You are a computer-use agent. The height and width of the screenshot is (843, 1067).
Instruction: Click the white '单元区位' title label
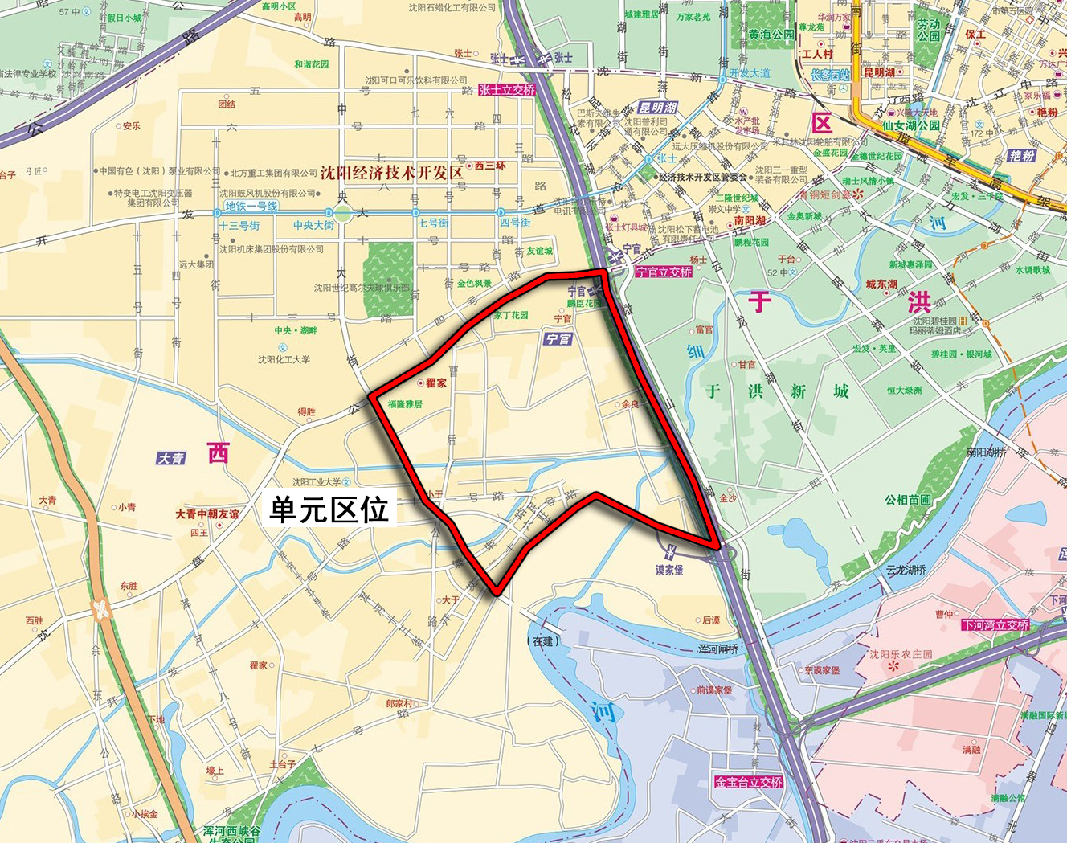click(329, 509)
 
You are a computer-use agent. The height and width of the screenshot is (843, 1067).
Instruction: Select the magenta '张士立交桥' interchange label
click(507, 90)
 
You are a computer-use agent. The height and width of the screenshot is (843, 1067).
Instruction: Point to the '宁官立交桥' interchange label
click(664, 272)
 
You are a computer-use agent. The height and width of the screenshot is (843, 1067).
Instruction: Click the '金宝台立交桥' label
click(749, 781)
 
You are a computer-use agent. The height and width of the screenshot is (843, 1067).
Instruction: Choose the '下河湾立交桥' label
click(995, 624)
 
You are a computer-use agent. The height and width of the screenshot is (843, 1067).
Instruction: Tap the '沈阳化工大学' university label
click(284, 359)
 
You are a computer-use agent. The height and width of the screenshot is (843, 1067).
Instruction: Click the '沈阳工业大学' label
click(317, 482)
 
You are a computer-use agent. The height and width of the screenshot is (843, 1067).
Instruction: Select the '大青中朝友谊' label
click(207, 514)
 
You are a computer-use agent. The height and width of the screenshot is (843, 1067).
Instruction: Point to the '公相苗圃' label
click(908, 499)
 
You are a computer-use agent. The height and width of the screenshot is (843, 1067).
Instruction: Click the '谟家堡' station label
click(669, 570)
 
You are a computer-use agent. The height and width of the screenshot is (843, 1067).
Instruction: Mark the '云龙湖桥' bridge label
click(906, 570)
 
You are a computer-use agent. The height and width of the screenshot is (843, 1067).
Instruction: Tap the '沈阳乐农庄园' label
click(901, 654)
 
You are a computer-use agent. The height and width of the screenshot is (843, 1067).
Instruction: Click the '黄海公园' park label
click(771, 35)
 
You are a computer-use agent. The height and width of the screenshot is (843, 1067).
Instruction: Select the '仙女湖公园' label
click(911, 125)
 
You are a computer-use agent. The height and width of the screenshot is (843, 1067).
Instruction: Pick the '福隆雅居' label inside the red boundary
click(405, 404)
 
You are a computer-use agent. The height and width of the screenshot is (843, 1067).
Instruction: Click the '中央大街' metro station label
click(313, 226)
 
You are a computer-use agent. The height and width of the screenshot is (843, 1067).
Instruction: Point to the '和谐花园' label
click(311, 64)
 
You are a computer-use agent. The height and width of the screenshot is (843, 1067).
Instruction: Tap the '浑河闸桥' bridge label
click(718, 649)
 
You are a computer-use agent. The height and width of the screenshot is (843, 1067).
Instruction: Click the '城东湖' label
click(881, 284)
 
